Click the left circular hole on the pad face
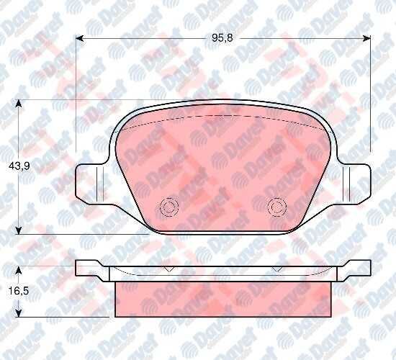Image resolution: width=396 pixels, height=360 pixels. tap(170, 207)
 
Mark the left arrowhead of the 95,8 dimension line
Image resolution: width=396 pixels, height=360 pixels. tap(80, 39)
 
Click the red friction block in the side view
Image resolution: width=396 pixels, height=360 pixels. tap(223, 299)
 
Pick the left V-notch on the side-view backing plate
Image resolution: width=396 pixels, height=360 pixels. tap(167, 269)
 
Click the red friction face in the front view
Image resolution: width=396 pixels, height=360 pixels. tap(223, 166)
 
